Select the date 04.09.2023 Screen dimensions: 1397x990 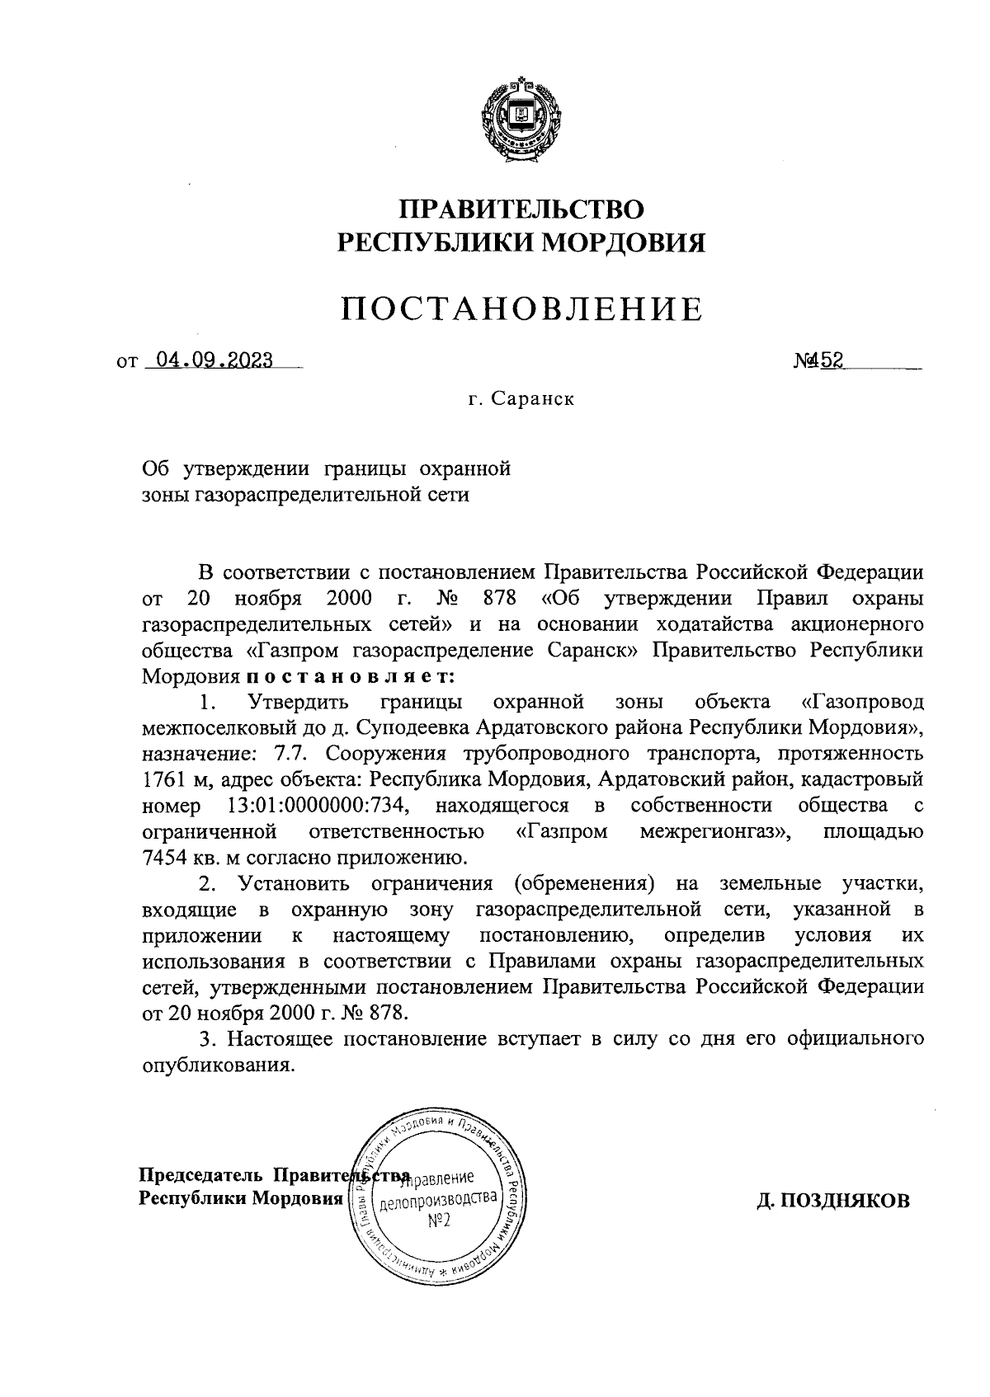[x=209, y=360]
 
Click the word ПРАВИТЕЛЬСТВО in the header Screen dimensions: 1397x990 [x=521, y=208]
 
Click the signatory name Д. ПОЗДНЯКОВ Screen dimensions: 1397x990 [x=834, y=1201]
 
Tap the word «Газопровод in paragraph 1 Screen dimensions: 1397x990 [x=861, y=703]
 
